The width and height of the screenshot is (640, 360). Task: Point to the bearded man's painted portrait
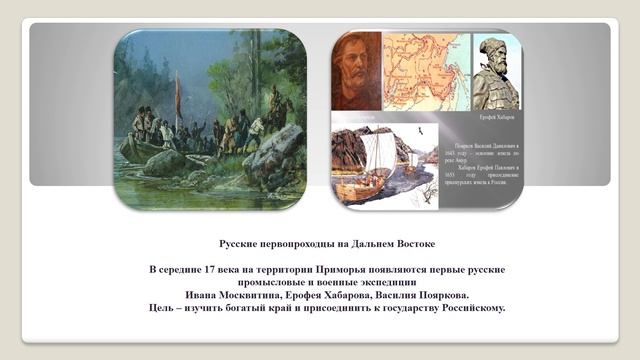(356, 70)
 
